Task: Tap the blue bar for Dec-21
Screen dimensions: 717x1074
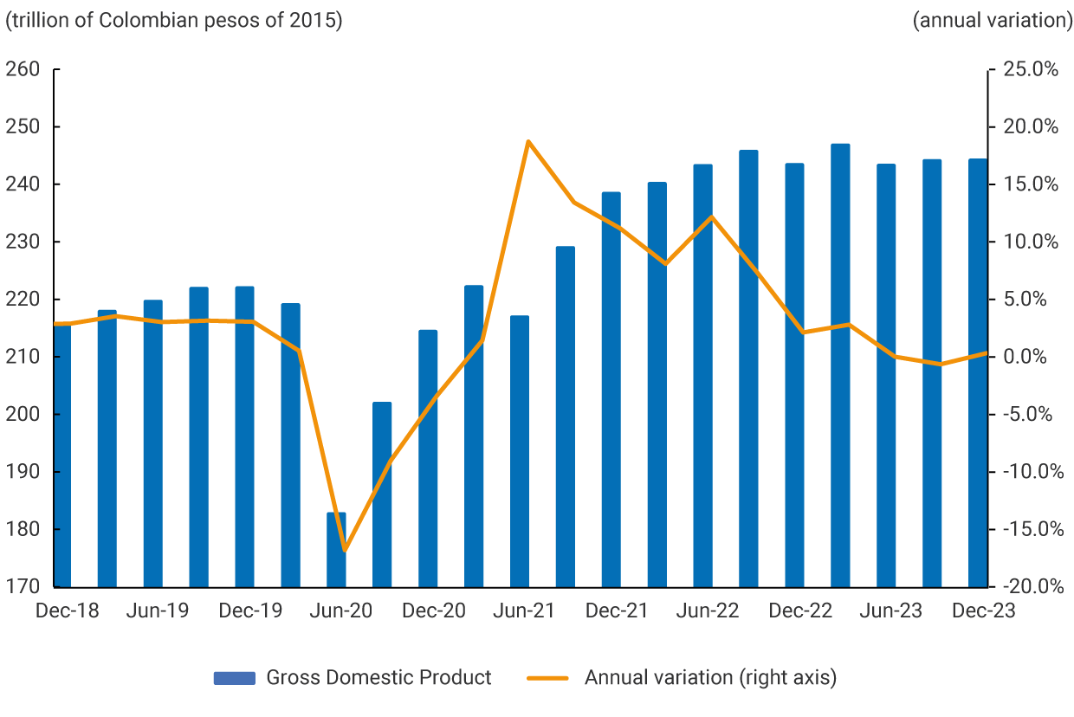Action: pyautogui.click(x=611, y=390)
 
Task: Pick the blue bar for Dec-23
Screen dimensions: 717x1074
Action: pyautogui.click(x=977, y=372)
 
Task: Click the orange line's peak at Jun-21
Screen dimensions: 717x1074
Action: pyautogui.click(x=527, y=141)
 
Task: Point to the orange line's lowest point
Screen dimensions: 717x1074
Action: pyautogui.click(x=344, y=550)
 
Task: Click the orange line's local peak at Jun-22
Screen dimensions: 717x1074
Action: pyautogui.click(x=711, y=216)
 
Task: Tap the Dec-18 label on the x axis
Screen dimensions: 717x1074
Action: pyautogui.click(x=67, y=610)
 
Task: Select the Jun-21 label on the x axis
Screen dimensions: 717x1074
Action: pyautogui.click(x=524, y=610)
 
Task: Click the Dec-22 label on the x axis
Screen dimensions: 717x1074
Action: pyautogui.click(x=800, y=610)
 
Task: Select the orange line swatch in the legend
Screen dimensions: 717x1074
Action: pyautogui.click(x=547, y=678)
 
